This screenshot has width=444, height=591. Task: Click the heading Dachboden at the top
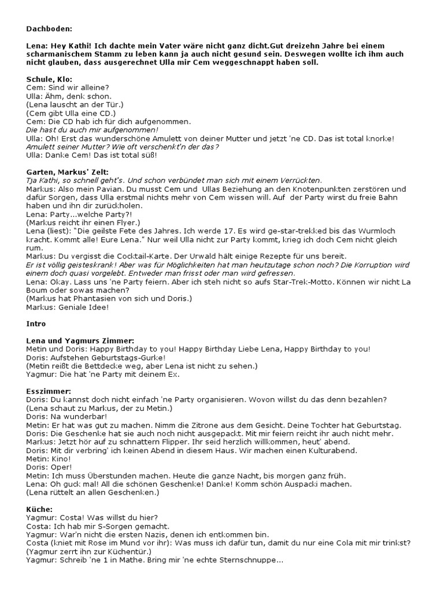coord(50,28)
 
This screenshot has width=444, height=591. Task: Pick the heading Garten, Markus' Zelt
coord(67,172)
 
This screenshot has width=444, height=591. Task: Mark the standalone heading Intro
coord(36,323)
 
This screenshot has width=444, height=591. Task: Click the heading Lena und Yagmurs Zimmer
coord(80,341)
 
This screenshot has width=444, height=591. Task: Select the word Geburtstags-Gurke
coord(129,357)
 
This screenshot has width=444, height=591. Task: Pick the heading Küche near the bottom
coord(39,509)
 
